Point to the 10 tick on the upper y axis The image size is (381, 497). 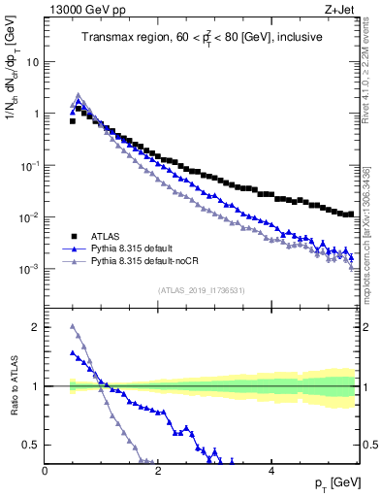(x=32, y=61)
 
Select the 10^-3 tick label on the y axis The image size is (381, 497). (x=29, y=269)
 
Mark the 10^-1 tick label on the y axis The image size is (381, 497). (x=29, y=165)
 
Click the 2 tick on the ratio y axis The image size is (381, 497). (x=36, y=327)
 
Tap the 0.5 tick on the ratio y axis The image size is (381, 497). (x=32, y=445)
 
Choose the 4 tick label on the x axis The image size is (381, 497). (x=271, y=470)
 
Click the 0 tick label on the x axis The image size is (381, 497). (x=45, y=470)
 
